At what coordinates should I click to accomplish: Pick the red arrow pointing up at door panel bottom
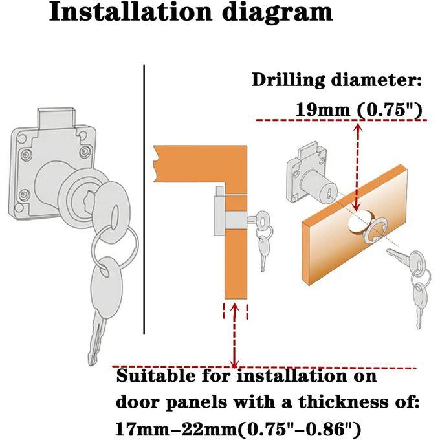coord(235,336)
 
